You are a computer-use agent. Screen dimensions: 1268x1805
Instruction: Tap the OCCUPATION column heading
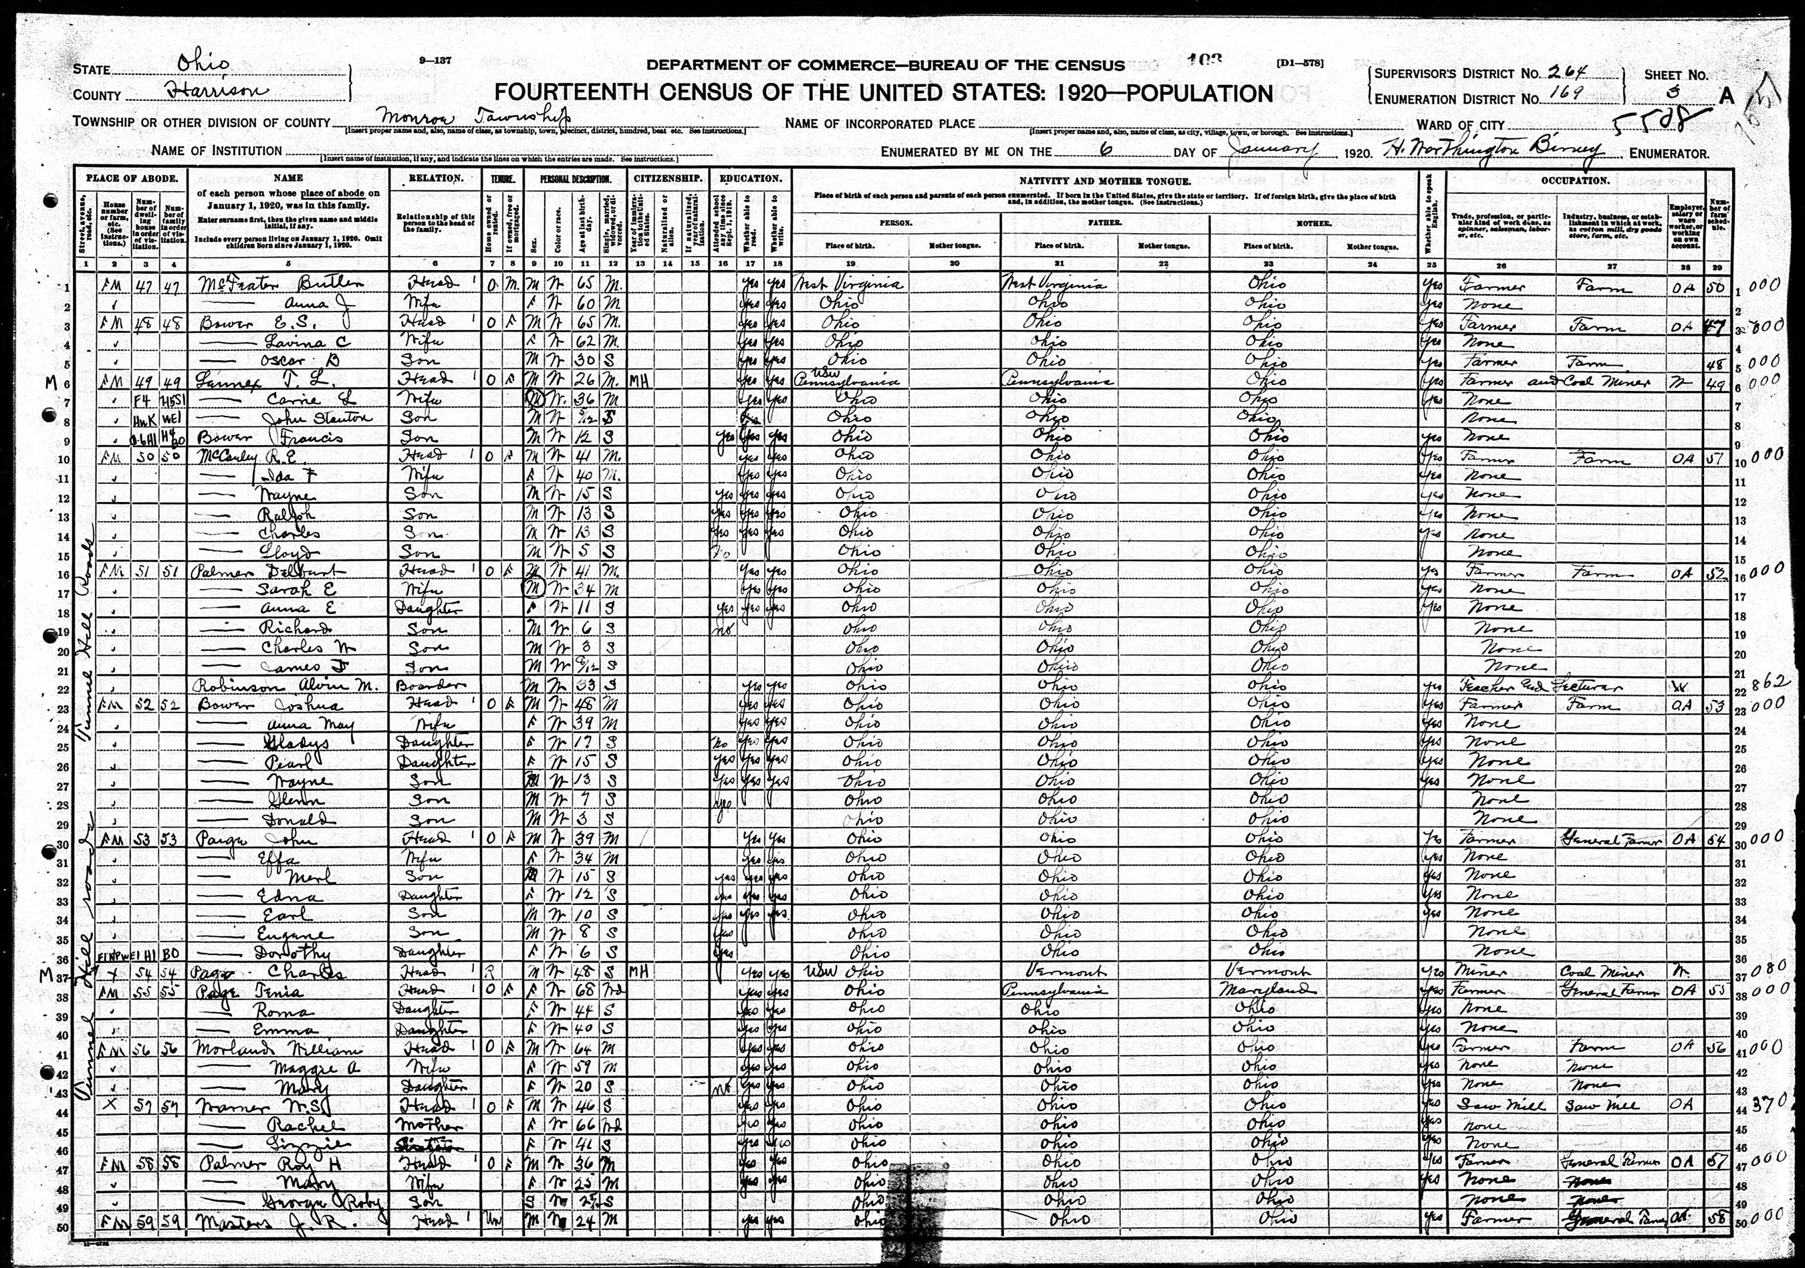point(1574,180)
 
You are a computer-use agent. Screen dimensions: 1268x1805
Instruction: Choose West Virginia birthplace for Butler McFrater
point(849,284)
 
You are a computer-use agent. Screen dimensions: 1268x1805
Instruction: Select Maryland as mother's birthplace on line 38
point(1266,990)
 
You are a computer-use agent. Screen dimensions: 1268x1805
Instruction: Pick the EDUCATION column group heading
point(750,178)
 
